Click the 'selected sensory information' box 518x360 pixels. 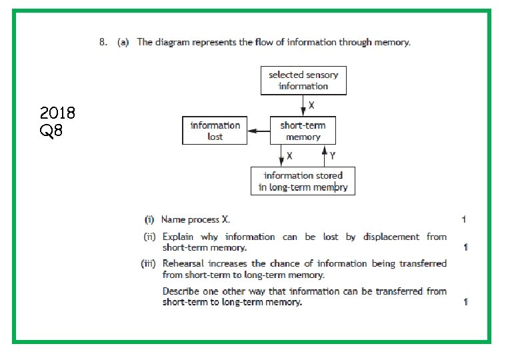(x=303, y=80)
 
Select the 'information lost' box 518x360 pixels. (x=215, y=131)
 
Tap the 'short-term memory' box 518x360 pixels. (x=303, y=131)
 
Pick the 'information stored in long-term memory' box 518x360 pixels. (x=303, y=181)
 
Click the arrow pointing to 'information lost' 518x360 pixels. (x=259, y=131)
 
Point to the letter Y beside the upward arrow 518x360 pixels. (x=332, y=155)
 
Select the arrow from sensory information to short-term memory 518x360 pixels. (x=303, y=105)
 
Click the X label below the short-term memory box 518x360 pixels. (x=289, y=155)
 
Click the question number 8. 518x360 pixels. (x=103, y=42)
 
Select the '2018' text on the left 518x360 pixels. (x=57, y=113)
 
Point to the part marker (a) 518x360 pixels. (x=123, y=42)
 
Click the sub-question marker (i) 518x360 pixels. (x=151, y=219)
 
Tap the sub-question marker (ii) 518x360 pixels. (x=151, y=237)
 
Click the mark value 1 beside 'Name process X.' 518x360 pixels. (x=464, y=219)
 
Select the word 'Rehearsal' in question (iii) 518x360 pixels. (x=182, y=263)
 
